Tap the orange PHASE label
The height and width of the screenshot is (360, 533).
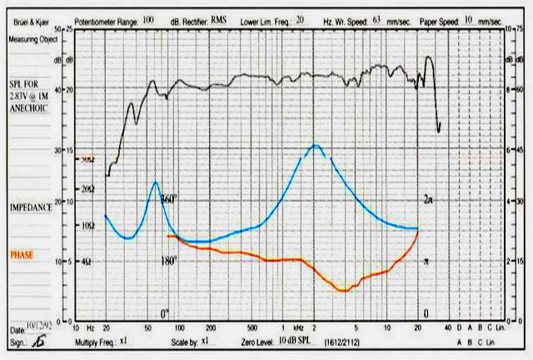22,254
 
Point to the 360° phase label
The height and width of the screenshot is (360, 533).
170,199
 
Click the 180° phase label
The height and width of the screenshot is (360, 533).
171,261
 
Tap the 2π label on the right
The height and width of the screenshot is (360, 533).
429,200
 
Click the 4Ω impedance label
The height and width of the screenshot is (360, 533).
85,262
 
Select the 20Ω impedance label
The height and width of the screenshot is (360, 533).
86,190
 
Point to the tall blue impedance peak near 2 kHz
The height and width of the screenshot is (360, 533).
315,146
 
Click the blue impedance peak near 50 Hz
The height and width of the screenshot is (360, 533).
155,182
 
